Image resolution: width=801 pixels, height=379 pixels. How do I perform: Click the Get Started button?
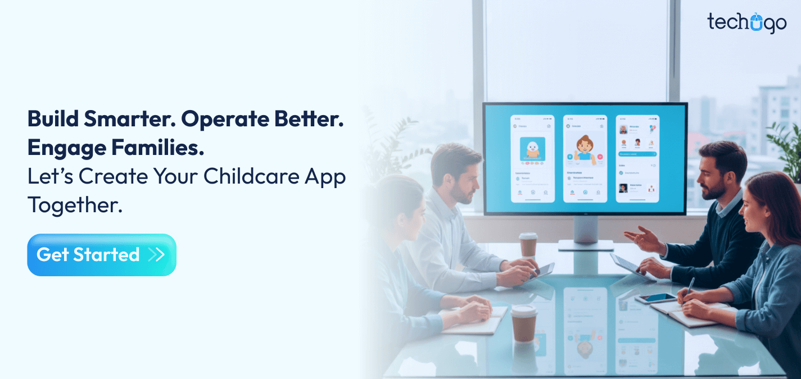(x=101, y=255)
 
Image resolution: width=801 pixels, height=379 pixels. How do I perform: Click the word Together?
(x=74, y=205)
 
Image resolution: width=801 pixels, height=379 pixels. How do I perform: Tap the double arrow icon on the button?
(x=156, y=255)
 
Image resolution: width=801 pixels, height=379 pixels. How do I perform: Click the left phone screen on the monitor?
(x=532, y=158)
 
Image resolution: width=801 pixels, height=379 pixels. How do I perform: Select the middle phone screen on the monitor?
(x=585, y=158)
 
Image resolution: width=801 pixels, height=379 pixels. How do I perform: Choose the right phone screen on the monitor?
(x=637, y=158)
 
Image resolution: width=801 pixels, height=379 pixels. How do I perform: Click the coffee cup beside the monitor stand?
(x=528, y=245)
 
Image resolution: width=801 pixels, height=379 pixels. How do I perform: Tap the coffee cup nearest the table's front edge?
(x=523, y=322)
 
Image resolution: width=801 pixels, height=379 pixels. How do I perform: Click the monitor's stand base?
(x=586, y=245)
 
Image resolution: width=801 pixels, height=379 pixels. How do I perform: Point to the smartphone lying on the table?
(x=655, y=298)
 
